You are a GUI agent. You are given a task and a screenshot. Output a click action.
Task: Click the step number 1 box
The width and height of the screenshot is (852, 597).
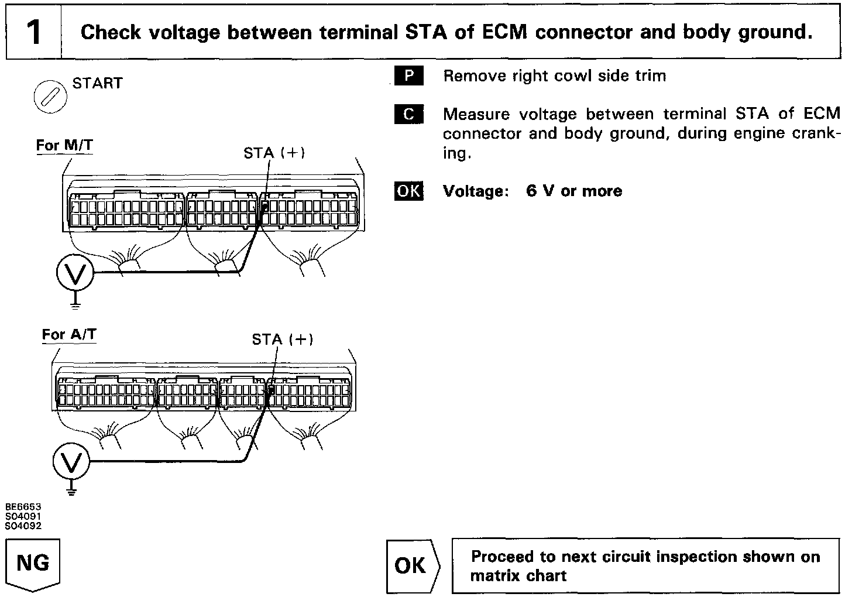point(34,32)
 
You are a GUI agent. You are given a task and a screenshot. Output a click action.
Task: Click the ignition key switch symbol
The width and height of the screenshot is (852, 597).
point(50,95)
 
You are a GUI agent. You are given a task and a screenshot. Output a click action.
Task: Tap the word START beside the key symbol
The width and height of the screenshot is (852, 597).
point(98,84)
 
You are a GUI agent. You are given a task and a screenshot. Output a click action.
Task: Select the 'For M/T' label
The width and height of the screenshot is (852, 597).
point(64,145)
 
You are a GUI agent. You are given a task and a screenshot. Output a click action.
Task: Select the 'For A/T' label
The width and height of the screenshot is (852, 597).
point(69,335)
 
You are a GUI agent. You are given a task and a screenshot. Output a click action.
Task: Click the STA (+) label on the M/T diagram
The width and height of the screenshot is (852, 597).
point(274,153)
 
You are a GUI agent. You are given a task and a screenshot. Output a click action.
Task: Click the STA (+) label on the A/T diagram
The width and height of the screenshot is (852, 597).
point(283,339)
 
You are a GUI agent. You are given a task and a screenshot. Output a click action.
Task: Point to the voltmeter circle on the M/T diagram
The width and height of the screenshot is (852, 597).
point(75,272)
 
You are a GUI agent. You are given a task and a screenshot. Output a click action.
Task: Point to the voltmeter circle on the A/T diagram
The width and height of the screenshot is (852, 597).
point(71,462)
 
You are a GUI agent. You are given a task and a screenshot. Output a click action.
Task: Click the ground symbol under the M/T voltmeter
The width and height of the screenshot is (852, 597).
point(75,303)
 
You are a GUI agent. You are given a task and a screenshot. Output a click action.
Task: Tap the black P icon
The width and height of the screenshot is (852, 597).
point(409,77)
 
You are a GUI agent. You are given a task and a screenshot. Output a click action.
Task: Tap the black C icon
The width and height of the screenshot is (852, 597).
point(409,115)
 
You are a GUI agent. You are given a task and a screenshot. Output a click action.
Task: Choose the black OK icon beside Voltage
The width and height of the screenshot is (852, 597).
point(409,191)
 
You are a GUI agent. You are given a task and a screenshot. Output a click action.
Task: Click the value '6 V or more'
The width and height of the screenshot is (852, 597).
point(574,191)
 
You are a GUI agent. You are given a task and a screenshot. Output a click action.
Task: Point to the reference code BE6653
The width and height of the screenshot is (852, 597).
point(23,507)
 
